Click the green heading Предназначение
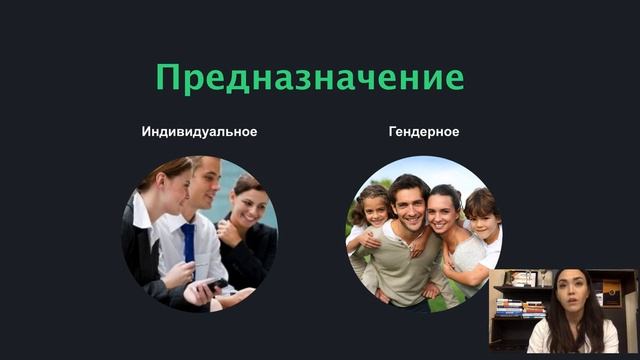tap(309, 77)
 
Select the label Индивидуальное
tap(199, 132)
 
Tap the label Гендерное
tap(424, 132)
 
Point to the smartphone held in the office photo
tap(209, 285)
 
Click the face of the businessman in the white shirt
tap(203, 187)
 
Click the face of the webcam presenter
tap(571, 295)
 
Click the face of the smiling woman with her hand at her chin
tap(245, 203)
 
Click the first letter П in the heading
tap(169, 77)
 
